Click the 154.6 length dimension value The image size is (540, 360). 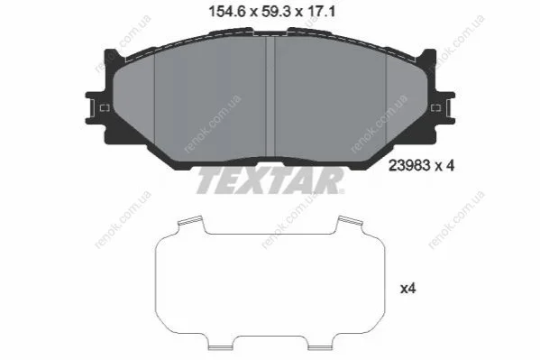(227, 13)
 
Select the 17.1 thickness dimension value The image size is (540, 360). (321, 13)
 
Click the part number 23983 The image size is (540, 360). (409, 166)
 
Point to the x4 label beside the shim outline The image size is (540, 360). (407, 289)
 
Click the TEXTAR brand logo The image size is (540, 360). (270, 180)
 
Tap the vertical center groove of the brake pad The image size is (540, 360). (270, 97)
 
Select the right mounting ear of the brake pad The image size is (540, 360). (443, 108)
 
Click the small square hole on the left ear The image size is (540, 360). (105, 108)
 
